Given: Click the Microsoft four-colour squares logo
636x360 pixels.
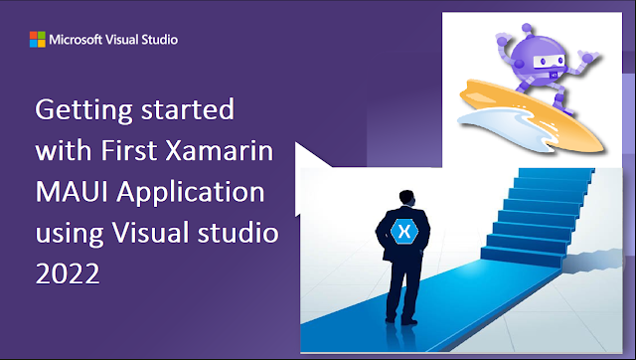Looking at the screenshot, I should click(x=37, y=41).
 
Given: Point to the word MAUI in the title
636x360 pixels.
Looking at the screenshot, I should click(x=65, y=194).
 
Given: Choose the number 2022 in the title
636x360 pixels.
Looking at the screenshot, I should click(x=67, y=276).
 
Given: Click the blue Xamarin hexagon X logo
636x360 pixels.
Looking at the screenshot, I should click(x=402, y=231).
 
